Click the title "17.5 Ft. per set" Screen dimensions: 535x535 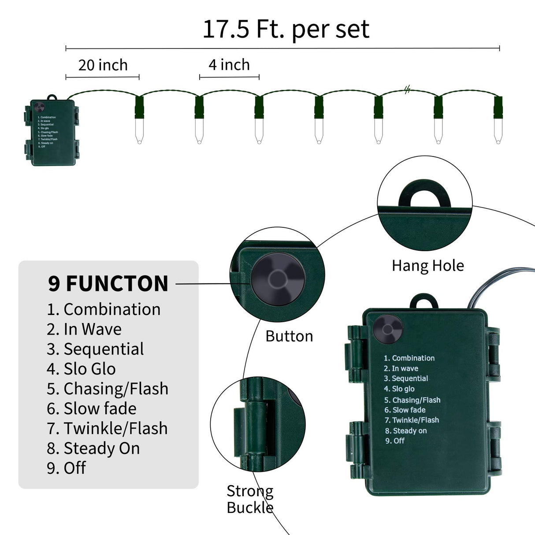click(286, 29)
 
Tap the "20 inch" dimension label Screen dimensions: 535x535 click(103, 65)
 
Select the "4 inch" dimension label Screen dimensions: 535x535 click(229, 65)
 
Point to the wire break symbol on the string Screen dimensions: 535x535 click(407, 90)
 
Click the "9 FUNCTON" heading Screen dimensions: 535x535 click(108, 283)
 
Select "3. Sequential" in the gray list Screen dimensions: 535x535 click(95, 349)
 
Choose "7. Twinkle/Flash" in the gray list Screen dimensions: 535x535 click(107, 428)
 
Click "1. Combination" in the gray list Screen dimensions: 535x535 click(104, 309)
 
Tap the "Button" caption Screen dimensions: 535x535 click(289, 336)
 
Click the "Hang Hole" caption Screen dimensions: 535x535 click(427, 266)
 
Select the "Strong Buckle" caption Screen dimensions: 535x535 click(250, 499)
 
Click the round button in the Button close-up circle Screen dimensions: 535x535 click(277, 279)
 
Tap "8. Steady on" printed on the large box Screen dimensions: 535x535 click(406, 431)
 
